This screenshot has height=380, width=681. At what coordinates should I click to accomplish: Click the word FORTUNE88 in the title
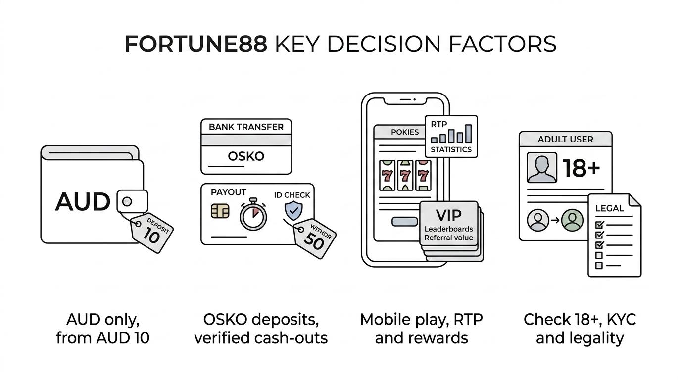[x=196, y=45]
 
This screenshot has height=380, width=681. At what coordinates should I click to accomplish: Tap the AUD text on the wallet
[x=82, y=201]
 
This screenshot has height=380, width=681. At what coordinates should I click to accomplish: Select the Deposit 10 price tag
[x=152, y=233]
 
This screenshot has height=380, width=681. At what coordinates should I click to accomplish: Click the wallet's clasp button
[x=133, y=201]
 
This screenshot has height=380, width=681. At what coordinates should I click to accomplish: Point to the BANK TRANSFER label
[x=246, y=127]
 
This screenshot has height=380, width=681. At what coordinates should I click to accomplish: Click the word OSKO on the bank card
[x=246, y=156]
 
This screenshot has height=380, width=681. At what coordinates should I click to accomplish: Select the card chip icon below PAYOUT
[x=220, y=211]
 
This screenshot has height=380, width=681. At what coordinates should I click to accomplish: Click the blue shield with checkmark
[x=293, y=211]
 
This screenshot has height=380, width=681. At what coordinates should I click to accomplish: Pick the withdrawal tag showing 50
[x=315, y=238]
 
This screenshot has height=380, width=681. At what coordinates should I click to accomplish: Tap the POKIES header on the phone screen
[x=405, y=132]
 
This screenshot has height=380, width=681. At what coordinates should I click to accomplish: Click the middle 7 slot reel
[x=405, y=176]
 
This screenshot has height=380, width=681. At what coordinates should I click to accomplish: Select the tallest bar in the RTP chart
[x=469, y=134]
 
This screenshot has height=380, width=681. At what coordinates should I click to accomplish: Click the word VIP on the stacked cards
[x=448, y=215]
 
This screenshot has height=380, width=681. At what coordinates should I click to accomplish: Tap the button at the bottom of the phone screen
[x=405, y=221]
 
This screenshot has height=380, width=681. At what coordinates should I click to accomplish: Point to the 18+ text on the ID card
[x=582, y=168]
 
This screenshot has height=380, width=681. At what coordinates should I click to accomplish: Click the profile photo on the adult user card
[x=542, y=168]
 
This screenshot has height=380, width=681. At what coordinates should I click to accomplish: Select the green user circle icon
[x=572, y=220]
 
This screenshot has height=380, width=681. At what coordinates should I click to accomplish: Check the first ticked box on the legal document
[x=599, y=224]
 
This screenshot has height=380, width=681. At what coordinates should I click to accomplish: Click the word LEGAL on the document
[x=610, y=208]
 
